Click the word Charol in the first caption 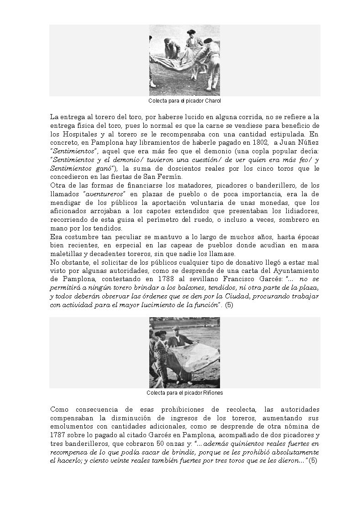pos(213,100)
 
